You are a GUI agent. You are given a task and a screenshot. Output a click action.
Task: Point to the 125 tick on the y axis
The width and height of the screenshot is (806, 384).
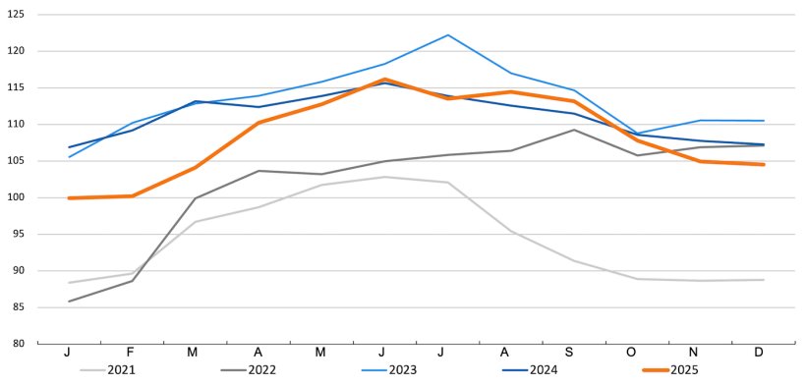point(18,15)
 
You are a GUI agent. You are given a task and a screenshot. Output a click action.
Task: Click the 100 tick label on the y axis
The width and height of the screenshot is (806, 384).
point(18,197)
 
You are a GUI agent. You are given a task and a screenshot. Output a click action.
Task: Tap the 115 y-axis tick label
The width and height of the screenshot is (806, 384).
point(18,87)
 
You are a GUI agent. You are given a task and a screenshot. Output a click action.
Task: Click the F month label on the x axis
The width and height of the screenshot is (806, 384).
point(132,353)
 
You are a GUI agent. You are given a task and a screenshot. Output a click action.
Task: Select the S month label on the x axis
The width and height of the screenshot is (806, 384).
point(574,353)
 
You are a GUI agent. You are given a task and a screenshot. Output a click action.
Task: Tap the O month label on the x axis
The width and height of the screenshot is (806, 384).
point(637,353)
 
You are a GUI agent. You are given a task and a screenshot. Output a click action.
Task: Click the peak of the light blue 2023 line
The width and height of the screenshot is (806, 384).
point(448,35)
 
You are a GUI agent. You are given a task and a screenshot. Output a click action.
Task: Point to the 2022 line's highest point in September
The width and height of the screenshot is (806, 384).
point(574,130)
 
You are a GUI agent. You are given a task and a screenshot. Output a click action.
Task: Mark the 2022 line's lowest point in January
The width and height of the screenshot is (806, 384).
point(69,302)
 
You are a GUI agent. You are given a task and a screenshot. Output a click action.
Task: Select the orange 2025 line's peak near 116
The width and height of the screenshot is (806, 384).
point(384,80)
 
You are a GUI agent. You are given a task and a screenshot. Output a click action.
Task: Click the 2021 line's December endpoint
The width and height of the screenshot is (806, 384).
point(764,280)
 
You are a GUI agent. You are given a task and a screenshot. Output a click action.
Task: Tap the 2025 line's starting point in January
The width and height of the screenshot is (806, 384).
point(69,198)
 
